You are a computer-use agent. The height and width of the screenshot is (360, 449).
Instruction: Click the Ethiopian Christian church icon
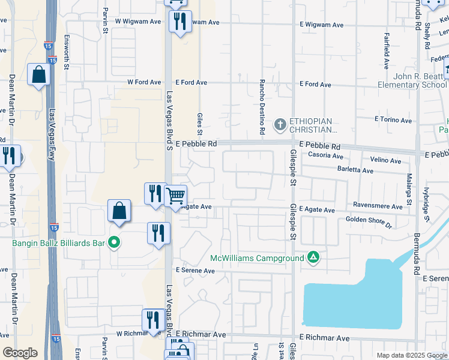tap(279, 125)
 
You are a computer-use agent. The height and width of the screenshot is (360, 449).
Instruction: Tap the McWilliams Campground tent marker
tap(313, 258)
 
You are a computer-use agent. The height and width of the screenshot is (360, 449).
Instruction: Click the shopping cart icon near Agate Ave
tap(175, 196)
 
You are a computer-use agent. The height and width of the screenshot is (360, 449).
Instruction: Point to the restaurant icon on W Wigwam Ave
tap(180, 22)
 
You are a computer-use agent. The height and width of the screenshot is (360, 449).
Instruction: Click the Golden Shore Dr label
tap(369, 222)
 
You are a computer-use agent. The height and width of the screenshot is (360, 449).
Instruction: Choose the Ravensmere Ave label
tap(378, 206)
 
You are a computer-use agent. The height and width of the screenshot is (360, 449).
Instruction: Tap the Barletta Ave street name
tap(354, 171)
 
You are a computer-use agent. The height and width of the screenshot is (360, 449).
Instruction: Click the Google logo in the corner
tap(20, 353)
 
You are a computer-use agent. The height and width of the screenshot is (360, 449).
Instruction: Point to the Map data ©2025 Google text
tap(411, 355)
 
